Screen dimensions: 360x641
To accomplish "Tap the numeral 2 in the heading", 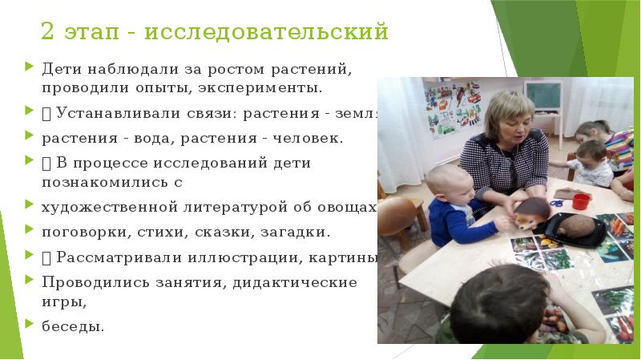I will point(48,32).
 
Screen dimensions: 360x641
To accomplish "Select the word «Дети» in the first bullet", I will point(59,70).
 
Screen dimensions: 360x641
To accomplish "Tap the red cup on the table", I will point(581,200).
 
